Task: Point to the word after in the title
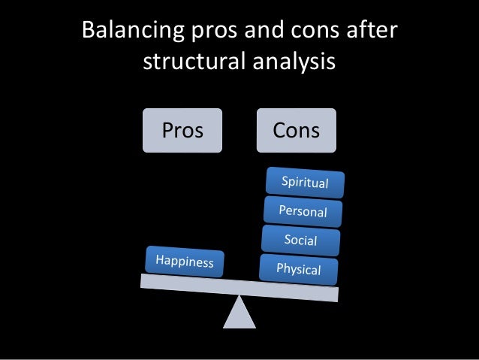[372, 32]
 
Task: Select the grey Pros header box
[183, 131]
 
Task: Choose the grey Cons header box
[297, 131]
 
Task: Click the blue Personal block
[303, 211]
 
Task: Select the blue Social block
[300, 241]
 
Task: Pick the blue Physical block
[298, 268]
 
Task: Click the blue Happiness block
[185, 262]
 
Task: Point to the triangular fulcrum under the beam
[239, 314]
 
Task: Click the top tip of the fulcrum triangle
[239, 297]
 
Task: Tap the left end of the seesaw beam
[145, 280]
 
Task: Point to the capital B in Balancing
[88, 32]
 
